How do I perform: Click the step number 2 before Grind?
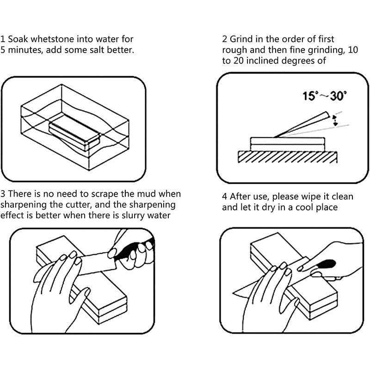pyautogui.click(x=225, y=39)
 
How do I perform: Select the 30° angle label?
pyautogui.click(x=338, y=97)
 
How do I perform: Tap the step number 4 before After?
pyautogui.click(x=225, y=197)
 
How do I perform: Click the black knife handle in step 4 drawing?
pyautogui.click(x=326, y=266)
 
